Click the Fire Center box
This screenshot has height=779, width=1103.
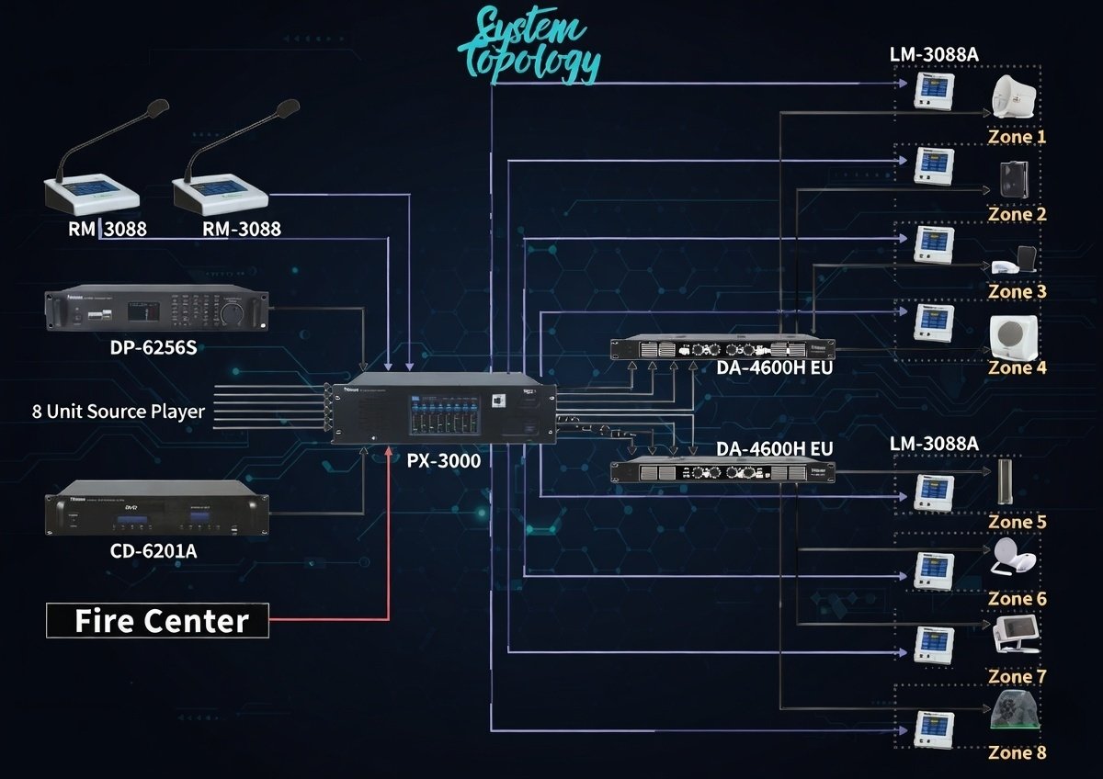pyautogui.click(x=158, y=620)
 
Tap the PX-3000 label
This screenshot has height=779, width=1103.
pyautogui.click(x=443, y=460)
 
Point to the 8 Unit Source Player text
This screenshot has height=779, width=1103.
pyautogui.click(x=118, y=411)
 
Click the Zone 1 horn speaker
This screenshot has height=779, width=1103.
pyautogui.click(x=1015, y=96)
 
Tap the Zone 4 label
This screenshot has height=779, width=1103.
pyautogui.click(x=1017, y=367)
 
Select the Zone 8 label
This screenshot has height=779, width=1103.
pyautogui.click(x=1017, y=752)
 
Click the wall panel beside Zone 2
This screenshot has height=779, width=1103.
pyautogui.click(x=933, y=167)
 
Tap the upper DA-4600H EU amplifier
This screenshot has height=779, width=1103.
pyautogui.click(x=723, y=348)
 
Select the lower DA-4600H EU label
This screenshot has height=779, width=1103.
pyautogui.click(x=775, y=449)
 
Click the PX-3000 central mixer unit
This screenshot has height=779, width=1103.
pyautogui.click(x=444, y=411)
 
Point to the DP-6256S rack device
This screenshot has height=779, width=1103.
pyautogui.click(x=157, y=309)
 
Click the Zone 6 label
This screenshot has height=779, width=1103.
pyautogui.click(x=1017, y=599)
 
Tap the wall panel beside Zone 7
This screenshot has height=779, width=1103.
pyautogui.click(x=933, y=646)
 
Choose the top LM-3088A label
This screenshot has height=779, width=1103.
pyautogui.click(x=934, y=54)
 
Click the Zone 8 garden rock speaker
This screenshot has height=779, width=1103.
pyautogui.click(x=1015, y=711)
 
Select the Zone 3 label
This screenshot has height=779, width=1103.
pyautogui.click(x=1017, y=291)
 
